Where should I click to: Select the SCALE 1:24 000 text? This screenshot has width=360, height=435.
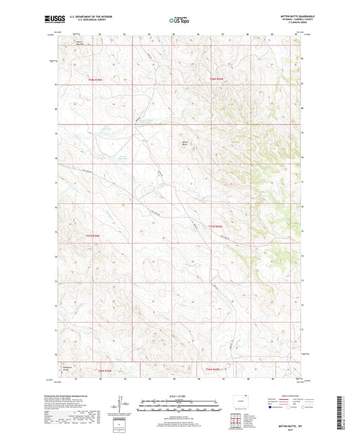[x=179, y=396]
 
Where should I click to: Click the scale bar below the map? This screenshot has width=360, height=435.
[x=179, y=407]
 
